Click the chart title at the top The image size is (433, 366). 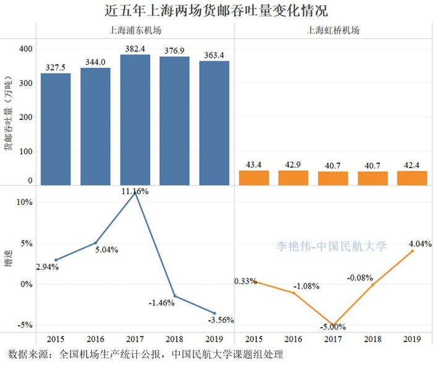click(x=216, y=11)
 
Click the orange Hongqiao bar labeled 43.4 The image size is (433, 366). click(x=254, y=178)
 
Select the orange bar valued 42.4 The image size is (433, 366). click(x=412, y=178)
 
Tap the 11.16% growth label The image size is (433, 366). click(x=134, y=192)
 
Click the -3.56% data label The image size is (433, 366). click(x=221, y=320)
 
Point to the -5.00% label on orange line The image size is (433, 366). click(x=333, y=327)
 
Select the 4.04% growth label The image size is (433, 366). click(x=419, y=245)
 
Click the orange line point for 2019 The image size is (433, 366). click(x=412, y=251)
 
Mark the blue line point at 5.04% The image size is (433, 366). click(x=95, y=242)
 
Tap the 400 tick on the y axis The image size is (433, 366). click(x=26, y=48)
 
